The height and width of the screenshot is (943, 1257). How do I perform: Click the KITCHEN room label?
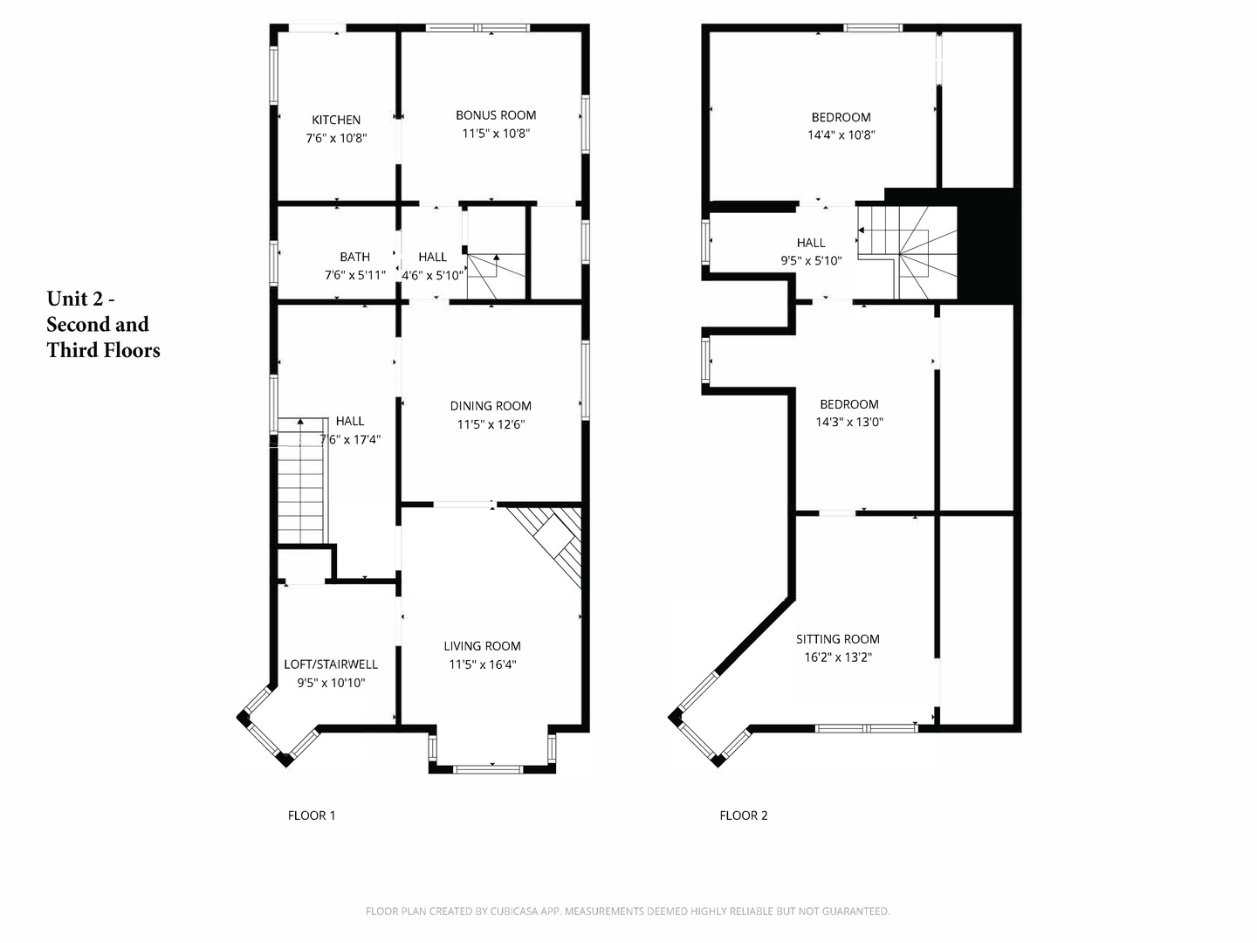tap(336, 120)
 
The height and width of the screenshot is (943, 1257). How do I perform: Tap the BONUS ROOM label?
tap(496, 115)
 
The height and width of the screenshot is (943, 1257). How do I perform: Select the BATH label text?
tap(354, 257)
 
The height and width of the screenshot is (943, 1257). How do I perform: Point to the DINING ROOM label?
tap(491, 406)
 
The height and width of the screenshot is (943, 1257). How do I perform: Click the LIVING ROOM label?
tap(482, 646)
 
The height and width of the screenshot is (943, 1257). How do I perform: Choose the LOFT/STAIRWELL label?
tap(331, 664)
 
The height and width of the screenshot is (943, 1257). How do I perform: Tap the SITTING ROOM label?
tap(837, 639)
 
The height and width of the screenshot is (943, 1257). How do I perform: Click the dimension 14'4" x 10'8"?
tap(841, 135)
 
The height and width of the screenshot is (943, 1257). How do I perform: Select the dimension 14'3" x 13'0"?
tap(848, 422)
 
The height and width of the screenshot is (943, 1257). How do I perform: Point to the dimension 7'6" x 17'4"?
tap(350, 440)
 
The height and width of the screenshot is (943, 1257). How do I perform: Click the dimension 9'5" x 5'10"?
tap(810, 260)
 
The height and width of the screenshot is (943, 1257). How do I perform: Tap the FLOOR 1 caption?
tap(312, 816)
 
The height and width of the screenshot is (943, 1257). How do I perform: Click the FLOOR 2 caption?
tap(744, 816)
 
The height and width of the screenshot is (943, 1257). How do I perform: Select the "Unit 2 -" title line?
tap(80, 299)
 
